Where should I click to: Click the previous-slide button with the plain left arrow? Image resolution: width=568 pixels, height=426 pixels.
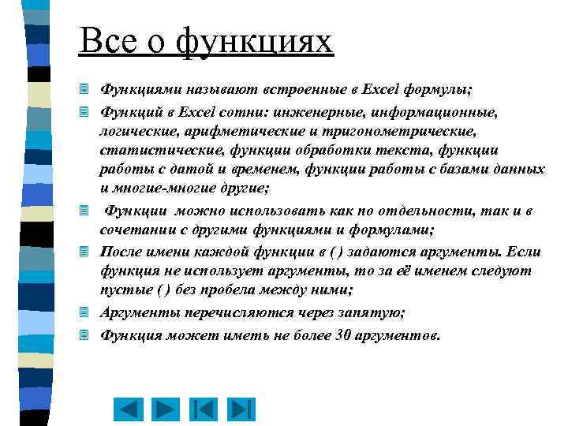[x=129, y=410]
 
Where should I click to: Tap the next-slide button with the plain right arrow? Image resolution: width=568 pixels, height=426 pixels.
[x=166, y=410]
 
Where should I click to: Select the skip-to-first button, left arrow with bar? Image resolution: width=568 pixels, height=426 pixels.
[x=204, y=410]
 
